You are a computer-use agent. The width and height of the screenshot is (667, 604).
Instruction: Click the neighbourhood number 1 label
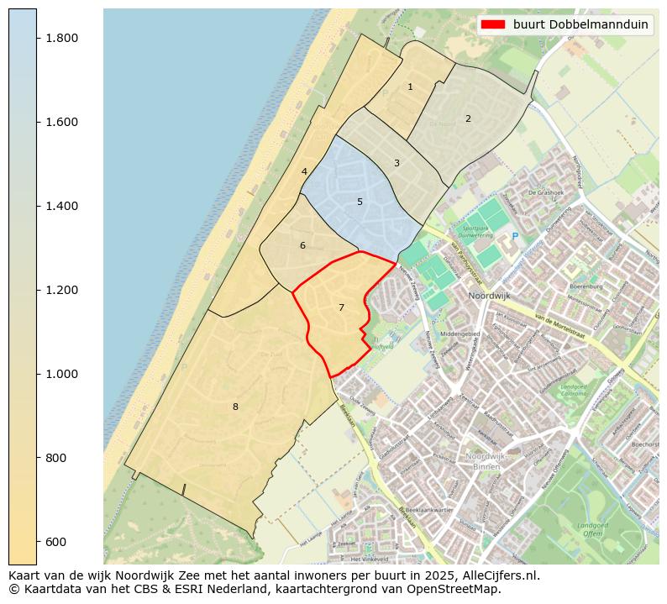point(410,87)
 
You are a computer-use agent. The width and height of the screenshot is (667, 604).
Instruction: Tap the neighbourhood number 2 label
point(468,118)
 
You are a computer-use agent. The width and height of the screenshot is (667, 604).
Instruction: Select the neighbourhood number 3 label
point(397,163)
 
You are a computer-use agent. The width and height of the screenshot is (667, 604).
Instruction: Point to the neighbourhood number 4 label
point(304,171)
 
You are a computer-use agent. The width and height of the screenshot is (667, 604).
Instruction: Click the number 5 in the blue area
point(360,202)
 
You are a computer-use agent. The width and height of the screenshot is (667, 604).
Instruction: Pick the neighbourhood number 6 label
point(302,245)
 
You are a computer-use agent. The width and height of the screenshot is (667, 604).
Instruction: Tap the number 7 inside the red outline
point(341,307)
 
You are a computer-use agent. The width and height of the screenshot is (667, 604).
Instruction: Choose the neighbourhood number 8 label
point(235,407)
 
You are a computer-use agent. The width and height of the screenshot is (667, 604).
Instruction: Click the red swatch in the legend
point(494,24)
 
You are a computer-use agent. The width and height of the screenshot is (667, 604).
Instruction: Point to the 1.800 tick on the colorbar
point(61,39)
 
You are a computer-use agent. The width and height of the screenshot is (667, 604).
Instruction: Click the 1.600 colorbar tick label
point(61,123)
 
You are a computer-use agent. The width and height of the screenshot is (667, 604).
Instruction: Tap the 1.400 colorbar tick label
point(61,207)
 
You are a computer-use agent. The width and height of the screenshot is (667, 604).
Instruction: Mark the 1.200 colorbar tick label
point(61,291)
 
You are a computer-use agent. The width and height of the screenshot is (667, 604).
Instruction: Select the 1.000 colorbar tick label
point(61,374)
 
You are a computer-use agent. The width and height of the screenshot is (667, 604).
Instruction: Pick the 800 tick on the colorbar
point(55,458)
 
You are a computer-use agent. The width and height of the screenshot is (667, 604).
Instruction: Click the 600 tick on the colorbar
point(55,542)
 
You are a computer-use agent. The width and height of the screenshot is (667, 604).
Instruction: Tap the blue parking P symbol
point(515,237)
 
